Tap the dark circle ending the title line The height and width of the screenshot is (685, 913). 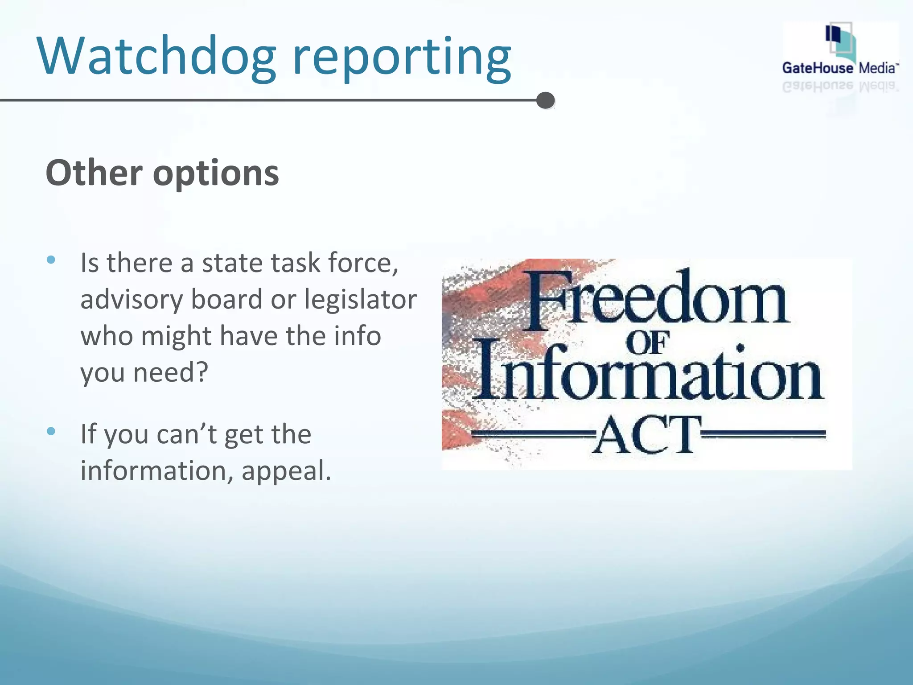(x=545, y=100)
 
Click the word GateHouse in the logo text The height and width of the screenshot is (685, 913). (x=817, y=68)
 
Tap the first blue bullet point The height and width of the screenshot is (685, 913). (x=51, y=260)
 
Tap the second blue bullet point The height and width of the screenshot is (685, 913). (x=51, y=431)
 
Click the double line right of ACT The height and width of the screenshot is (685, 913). (x=763, y=434)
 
